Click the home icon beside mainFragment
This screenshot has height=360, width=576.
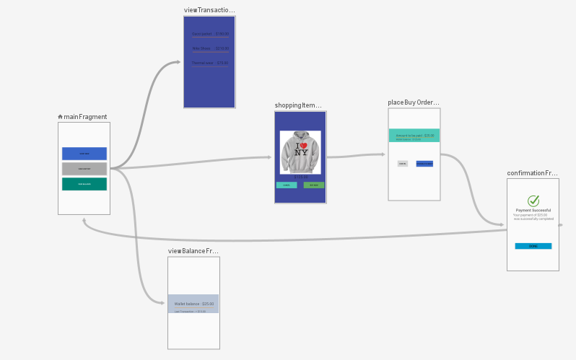point(60,117)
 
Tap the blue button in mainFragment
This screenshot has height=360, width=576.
point(84,153)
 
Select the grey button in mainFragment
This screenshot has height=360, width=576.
point(84,169)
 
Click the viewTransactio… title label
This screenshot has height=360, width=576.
point(209,10)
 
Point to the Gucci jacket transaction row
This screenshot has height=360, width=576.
point(210,34)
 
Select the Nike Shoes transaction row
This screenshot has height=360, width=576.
point(210,49)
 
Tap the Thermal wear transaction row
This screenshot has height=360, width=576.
point(210,63)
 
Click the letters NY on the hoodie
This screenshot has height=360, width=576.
point(301,152)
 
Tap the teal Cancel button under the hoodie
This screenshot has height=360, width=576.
point(287,185)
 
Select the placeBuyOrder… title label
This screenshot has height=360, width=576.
point(413,102)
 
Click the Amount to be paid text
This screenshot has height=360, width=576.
point(415,136)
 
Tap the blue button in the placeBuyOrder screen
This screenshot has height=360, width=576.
point(424,164)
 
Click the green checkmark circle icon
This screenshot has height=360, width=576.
point(533,201)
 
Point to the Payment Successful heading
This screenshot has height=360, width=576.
point(533,211)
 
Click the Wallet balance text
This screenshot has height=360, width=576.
point(194,304)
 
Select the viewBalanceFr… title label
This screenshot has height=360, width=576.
point(193,251)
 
